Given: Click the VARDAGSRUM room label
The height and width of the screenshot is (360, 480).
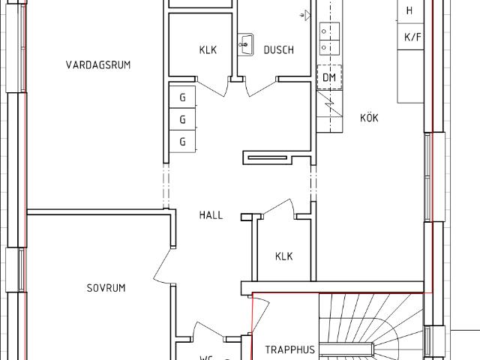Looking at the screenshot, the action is pos(98,65).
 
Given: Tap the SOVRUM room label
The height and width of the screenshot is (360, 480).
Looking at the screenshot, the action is pos(106,288).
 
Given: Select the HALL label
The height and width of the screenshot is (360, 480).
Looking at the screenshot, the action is pos(211,215).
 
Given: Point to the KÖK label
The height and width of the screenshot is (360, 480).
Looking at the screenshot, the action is pos(369,118).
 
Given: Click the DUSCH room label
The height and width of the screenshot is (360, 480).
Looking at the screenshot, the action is pos(279,50).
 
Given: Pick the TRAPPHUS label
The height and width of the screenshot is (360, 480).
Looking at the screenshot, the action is pos(290,349).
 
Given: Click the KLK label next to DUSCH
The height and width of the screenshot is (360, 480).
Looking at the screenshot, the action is pos(208,50).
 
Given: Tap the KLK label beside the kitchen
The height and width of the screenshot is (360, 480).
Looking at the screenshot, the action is pos(284,256).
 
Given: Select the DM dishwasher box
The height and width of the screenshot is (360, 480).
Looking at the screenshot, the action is pos(329,77).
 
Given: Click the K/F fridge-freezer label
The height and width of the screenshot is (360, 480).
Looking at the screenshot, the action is pos(412,37).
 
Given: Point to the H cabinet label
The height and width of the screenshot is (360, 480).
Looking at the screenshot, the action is pos(409,10).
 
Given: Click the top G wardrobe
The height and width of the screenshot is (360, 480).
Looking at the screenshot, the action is pos(182,97).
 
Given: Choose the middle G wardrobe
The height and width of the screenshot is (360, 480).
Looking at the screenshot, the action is pos(182,119).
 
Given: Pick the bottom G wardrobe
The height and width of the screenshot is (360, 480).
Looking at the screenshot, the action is pos(182,142).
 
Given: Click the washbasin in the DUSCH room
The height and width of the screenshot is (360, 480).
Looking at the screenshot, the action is pos(245,45).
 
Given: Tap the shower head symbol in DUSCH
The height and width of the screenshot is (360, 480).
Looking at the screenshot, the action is pos(306,15).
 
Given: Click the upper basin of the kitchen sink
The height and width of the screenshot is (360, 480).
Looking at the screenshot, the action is pos(330,31).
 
